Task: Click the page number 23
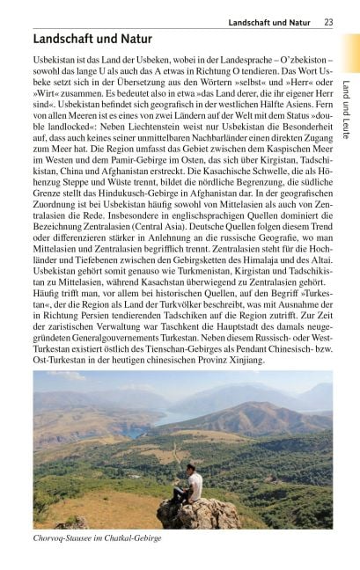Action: click(x=328, y=22)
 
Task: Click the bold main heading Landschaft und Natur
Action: click(x=92, y=39)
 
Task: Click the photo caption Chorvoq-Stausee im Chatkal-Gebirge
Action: click(x=97, y=537)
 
